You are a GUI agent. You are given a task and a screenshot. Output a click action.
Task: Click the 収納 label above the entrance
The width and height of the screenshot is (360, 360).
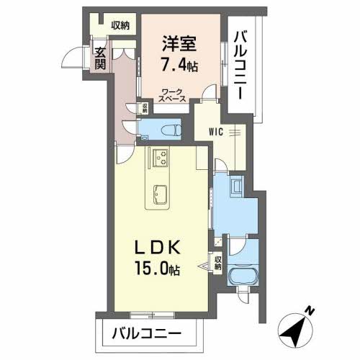(x=120, y=27)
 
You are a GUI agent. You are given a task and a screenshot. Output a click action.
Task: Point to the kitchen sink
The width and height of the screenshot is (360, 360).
(x=158, y=194)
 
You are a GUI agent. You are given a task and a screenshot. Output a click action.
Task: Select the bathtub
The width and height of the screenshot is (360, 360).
(x=242, y=279)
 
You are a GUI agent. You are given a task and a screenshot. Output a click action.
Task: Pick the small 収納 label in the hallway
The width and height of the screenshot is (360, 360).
(x=144, y=109)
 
